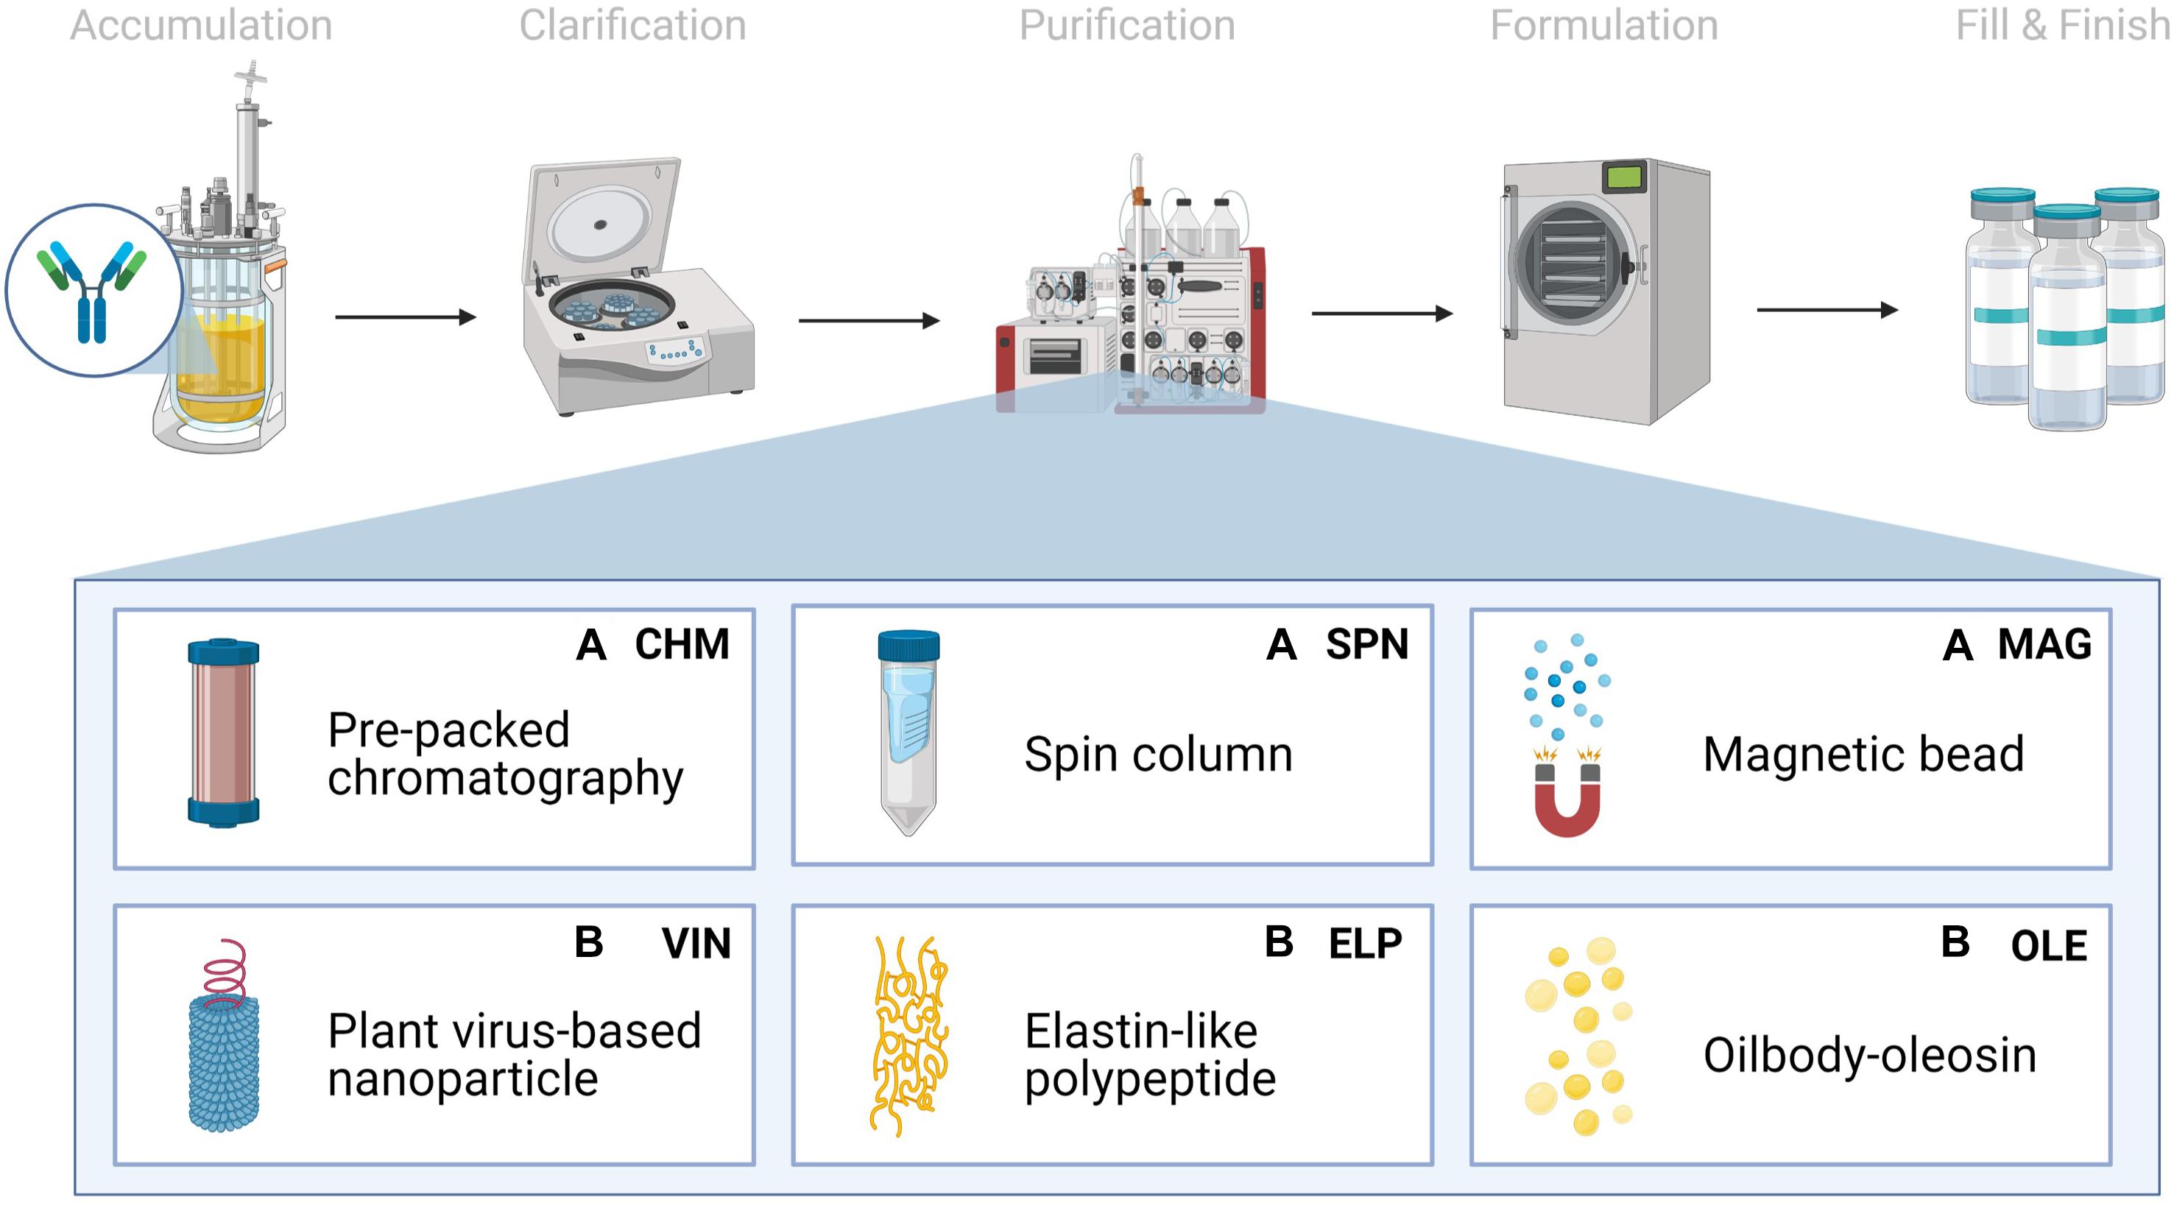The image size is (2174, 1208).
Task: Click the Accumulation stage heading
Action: tap(201, 25)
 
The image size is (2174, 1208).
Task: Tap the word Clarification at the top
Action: tap(632, 25)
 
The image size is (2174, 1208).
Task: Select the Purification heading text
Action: tap(1126, 25)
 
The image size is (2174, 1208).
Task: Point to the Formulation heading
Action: tap(1603, 25)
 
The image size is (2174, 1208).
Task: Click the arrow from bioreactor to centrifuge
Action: tap(405, 317)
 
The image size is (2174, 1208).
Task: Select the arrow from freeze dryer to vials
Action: tap(1827, 311)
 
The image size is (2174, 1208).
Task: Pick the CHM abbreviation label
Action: tap(682, 645)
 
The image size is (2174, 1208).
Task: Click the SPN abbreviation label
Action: tap(1367, 645)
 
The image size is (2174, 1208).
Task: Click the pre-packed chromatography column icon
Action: tap(223, 732)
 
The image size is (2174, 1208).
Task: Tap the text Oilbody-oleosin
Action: tap(1869, 1055)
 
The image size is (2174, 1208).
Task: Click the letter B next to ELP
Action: tap(1279, 942)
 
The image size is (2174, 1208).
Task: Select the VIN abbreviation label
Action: tap(696, 944)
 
